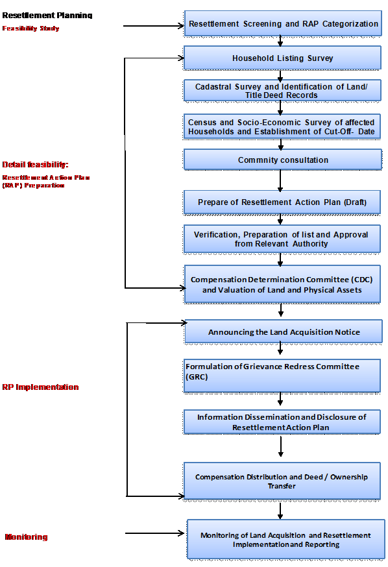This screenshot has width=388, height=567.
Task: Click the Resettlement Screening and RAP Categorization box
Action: coord(282,24)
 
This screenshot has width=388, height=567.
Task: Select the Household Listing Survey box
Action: coord(282,58)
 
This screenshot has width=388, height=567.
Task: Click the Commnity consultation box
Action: coord(282,160)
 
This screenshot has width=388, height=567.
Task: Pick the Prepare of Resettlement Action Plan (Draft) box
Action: coord(282,202)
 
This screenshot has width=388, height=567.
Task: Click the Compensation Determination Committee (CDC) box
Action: coord(282,284)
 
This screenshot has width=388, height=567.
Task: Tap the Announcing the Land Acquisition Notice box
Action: coord(284,332)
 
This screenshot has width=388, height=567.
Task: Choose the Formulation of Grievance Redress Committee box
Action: coord(282,376)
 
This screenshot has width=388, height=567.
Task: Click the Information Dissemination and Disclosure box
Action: coord(282,422)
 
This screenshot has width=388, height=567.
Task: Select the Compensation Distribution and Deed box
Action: coord(282,481)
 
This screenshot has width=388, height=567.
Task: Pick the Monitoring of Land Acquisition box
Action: coord(285,539)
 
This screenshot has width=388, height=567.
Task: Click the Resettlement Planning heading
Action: coord(47,15)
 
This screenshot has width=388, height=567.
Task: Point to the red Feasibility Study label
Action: coord(30,29)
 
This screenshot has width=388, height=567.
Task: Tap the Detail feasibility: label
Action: coord(35,164)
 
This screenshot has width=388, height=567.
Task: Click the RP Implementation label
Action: coord(40,387)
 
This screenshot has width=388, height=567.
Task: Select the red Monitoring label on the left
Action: coord(27,537)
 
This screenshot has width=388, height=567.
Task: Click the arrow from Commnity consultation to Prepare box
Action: coord(281,180)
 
